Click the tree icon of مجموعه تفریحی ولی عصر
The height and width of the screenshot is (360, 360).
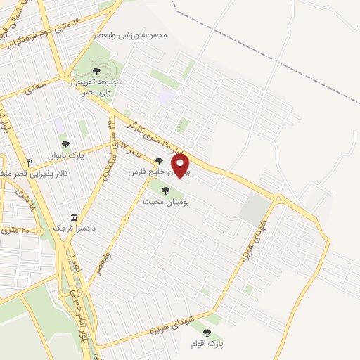pos(96,70)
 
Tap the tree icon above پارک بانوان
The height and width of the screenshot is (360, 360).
pos(65,144)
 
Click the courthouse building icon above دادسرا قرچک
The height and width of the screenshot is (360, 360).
pos(73,217)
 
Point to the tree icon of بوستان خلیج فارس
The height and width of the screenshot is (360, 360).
pos(160,161)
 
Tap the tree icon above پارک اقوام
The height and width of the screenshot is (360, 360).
pos(207,333)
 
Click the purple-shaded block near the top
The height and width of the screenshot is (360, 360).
pos(167,96)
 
